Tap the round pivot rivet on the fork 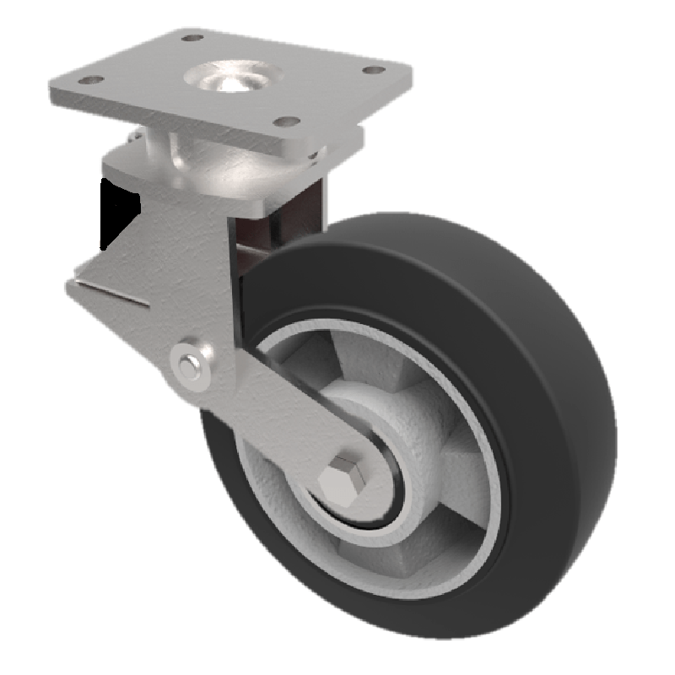click(192, 363)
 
